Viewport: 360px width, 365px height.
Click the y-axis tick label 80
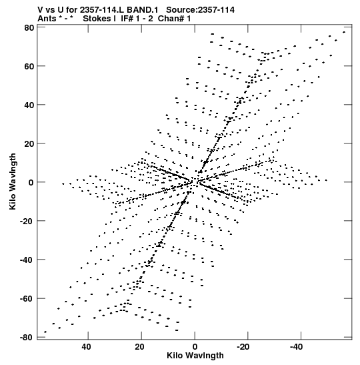tap(29, 28)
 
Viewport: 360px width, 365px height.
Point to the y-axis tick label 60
tap(29, 66)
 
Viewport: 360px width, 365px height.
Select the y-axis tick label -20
tap(27, 221)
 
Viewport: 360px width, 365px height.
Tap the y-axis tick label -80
tap(27, 337)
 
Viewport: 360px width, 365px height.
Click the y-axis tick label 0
tap(31, 182)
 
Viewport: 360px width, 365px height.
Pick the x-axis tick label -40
tap(296, 347)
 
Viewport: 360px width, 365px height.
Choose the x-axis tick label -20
tap(243, 347)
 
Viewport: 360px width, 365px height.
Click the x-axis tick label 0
tap(195, 347)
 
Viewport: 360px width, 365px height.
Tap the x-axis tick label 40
tap(86, 347)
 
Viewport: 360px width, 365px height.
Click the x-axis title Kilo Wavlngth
tap(195, 356)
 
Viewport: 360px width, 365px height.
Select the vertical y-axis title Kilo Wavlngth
tap(13, 181)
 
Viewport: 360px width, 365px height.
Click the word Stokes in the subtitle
tap(97, 19)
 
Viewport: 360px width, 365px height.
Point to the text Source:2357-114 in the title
tap(200, 10)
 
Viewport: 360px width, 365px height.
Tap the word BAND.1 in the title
tap(142, 10)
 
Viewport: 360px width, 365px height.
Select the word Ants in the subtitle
tap(47, 19)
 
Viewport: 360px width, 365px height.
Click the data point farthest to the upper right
tap(344, 32)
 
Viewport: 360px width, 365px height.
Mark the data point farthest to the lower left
tap(45, 332)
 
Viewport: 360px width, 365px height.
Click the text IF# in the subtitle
tap(127, 19)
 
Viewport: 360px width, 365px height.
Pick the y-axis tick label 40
tap(29, 105)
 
